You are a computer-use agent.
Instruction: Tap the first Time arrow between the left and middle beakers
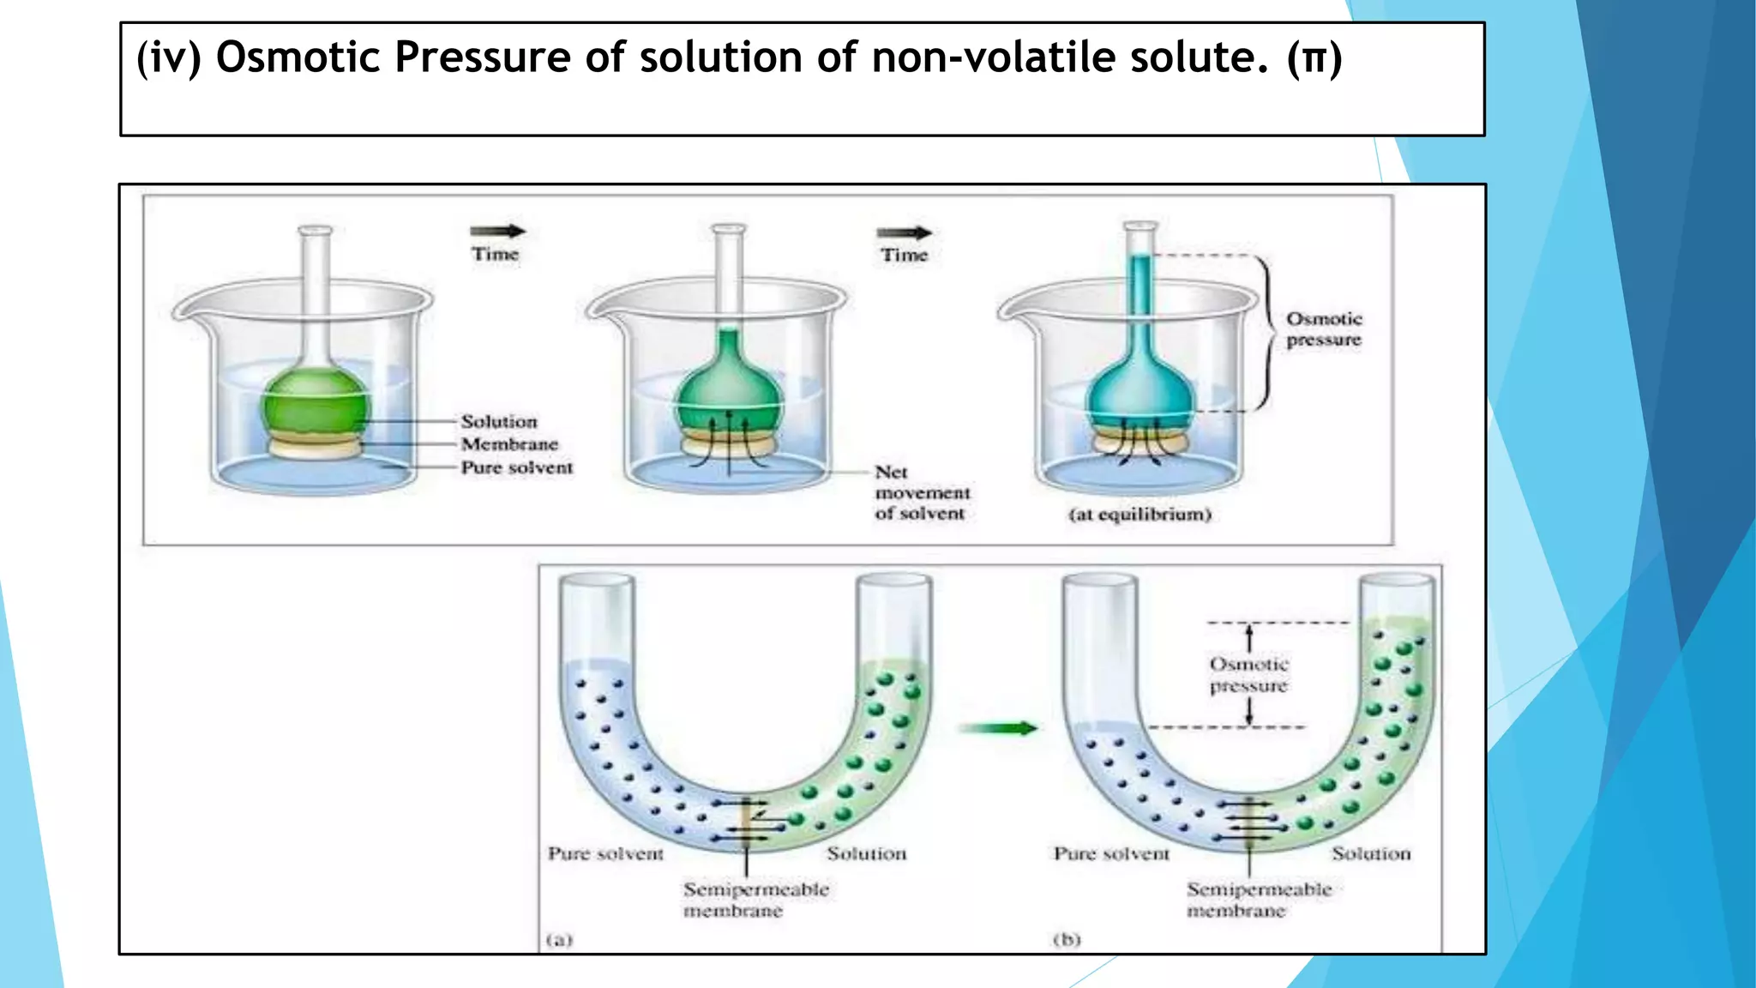point(497,231)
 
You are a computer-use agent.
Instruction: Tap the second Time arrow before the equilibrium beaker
point(904,232)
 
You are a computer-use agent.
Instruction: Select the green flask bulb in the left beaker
point(316,403)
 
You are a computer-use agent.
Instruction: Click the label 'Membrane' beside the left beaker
point(509,444)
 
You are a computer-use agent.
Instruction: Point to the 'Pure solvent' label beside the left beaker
point(516,467)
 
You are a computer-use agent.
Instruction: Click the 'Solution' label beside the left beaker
point(499,421)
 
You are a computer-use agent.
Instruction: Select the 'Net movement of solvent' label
point(922,493)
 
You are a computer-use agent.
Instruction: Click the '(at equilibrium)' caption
point(1140,515)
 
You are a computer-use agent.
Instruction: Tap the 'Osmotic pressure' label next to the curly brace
point(1324,329)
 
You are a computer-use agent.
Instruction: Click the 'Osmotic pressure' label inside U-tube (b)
point(1249,675)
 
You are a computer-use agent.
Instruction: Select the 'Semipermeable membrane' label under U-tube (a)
point(755,900)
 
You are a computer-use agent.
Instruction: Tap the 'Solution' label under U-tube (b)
point(1371,854)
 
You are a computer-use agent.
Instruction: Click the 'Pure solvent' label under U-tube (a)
point(605,854)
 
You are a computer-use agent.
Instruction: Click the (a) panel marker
point(559,940)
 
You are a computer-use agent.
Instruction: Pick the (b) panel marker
point(1067,940)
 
